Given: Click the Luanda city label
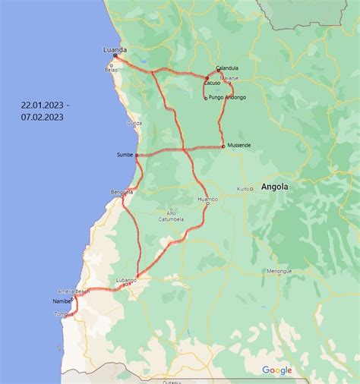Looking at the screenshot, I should (115, 49).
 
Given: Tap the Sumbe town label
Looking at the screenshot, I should (125, 154).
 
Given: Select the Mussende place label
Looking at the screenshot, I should (238, 145).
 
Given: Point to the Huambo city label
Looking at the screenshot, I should (207, 199).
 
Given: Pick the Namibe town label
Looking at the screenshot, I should (62, 301).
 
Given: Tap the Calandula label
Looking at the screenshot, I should (227, 68).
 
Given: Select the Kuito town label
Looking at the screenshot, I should (243, 188).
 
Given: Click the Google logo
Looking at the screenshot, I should (277, 370).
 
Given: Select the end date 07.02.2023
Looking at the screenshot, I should (43, 117).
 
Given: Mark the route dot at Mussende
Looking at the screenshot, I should (223, 146).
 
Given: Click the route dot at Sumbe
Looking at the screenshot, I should (137, 155).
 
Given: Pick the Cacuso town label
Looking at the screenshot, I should (212, 83).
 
